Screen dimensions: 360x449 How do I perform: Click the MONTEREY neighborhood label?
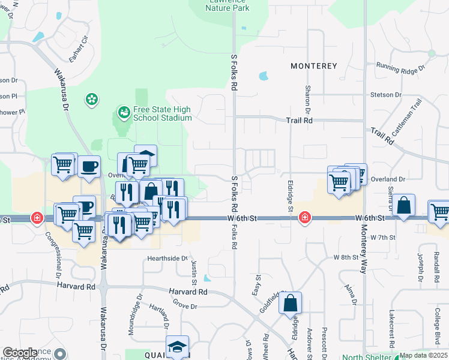[313, 65]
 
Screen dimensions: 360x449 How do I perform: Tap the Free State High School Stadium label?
[162, 113]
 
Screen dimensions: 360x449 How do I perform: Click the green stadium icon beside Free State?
[124, 111]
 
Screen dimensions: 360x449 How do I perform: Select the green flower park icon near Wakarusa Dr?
[92, 98]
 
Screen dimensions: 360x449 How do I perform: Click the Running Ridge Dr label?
[400, 67]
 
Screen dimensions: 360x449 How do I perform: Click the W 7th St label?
[383, 238]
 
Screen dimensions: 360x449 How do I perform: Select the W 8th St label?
[345, 257]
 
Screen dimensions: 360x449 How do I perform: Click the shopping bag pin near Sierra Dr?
[405, 205]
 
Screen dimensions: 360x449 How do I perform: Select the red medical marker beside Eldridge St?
[305, 217]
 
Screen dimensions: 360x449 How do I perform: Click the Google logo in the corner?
[20, 353]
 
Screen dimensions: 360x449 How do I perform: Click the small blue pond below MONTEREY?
[263, 76]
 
